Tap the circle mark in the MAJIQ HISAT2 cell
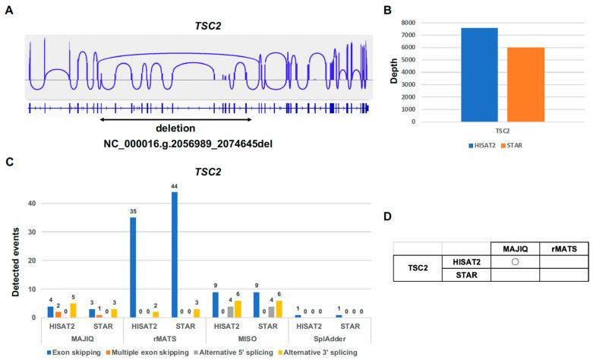[x=516, y=262]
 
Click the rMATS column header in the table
[x=563, y=248]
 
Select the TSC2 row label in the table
[x=417, y=269]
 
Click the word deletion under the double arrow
[x=176, y=128]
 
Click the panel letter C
[x=8, y=161]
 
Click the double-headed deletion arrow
[x=176, y=118]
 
